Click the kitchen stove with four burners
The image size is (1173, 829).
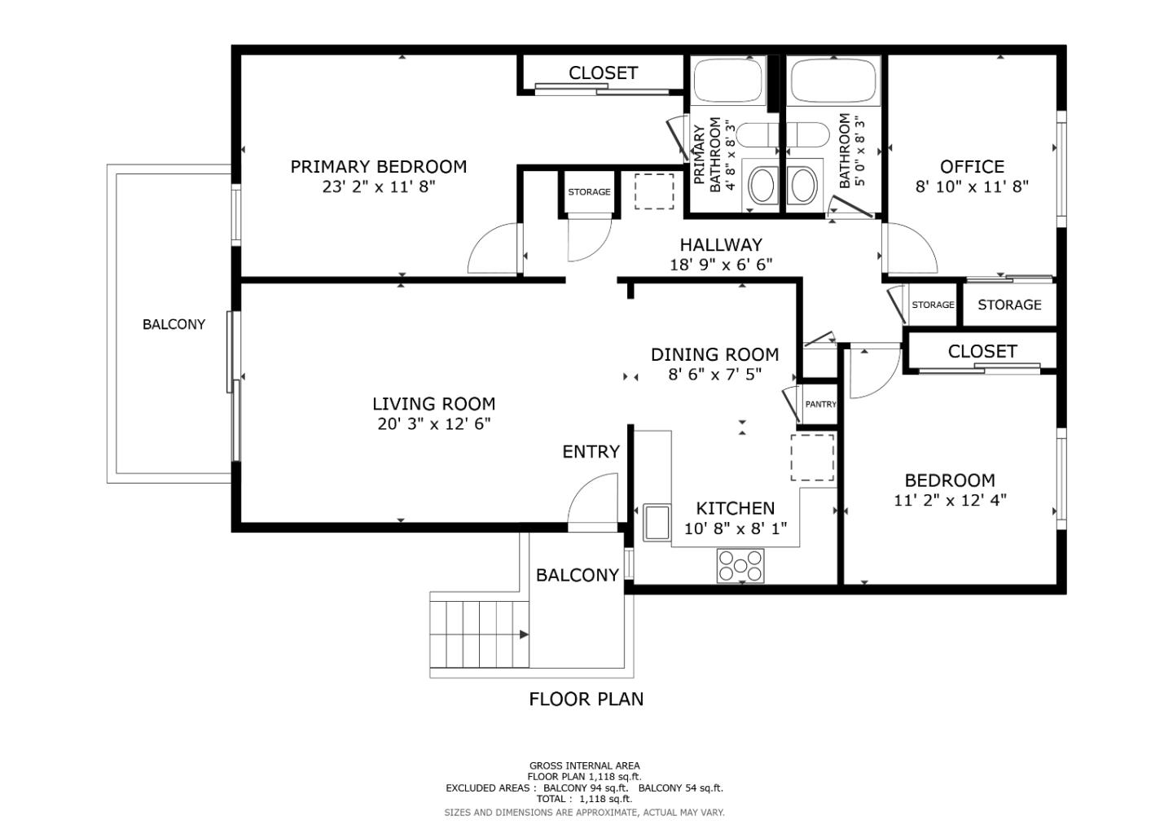[x=740, y=566]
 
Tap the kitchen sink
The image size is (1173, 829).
[x=656, y=522]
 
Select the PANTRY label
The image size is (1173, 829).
[x=820, y=405]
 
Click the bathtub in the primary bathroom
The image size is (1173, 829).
[x=727, y=80]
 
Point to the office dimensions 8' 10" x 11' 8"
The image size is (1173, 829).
[x=972, y=186]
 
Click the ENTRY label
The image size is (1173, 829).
[x=591, y=452]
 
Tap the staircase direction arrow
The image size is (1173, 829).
[x=523, y=634]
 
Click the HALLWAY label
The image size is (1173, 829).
[x=721, y=244]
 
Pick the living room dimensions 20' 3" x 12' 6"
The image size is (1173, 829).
[x=433, y=424]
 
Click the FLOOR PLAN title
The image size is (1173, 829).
[x=586, y=699]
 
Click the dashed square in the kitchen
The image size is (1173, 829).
[x=812, y=458]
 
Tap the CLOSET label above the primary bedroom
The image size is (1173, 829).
[x=603, y=73]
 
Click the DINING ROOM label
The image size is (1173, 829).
[x=714, y=355]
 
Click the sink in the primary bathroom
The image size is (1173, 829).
[x=762, y=185]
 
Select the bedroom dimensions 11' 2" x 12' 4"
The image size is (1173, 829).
[x=950, y=500]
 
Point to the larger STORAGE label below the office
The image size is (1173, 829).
[x=1009, y=305]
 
